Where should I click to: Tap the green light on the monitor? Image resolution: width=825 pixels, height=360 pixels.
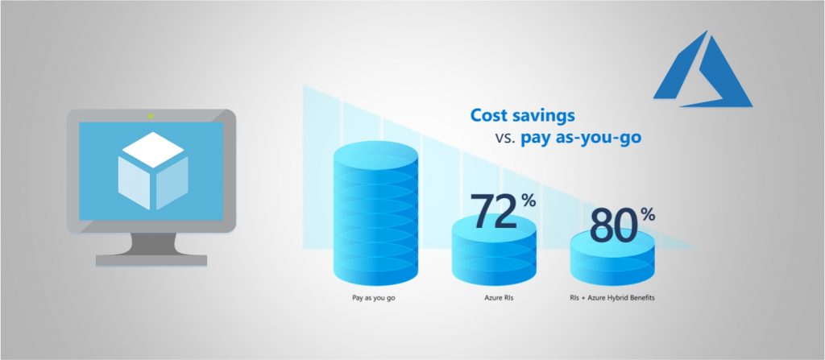[x=151, y=116]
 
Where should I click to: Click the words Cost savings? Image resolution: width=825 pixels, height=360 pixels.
[x=522, y=115]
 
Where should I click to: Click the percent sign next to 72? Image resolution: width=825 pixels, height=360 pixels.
[x=528, y=201]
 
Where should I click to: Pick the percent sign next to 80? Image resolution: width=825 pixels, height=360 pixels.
[x=649, y=214]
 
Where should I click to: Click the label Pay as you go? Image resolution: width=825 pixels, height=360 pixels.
[x=373, y=298]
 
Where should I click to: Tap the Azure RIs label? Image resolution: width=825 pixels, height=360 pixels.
[x=493, y=298]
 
